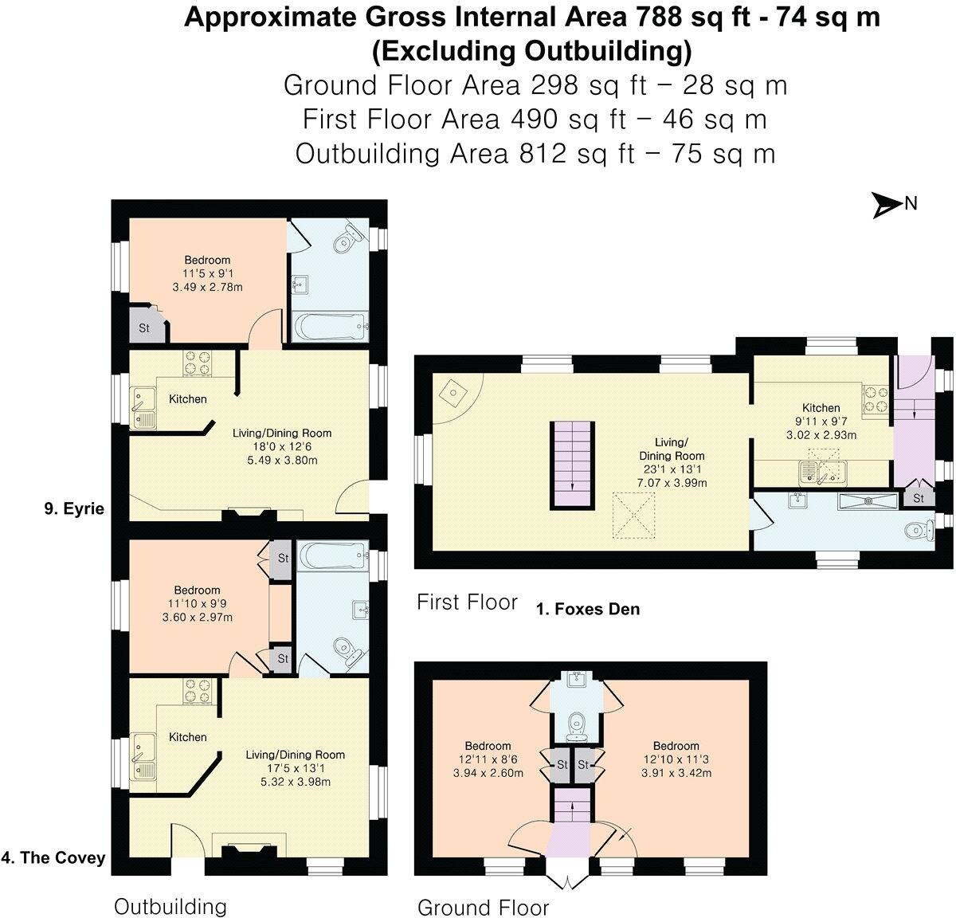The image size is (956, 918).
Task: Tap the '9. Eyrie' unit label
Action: pos(74,508)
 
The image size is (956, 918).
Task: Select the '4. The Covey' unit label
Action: pos(53,857)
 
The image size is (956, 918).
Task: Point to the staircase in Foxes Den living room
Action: pos(572,465)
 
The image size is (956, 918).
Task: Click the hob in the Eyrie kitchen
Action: pos(198,363)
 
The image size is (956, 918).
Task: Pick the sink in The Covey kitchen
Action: pos(144,755)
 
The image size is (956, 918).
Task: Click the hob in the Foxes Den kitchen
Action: pos(876,399)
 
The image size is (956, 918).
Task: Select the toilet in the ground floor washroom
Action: pos(574,725)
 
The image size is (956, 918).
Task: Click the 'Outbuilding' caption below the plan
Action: pos(170,906)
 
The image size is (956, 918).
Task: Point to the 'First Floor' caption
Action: pos(467,602)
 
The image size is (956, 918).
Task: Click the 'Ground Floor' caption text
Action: pos(483,908)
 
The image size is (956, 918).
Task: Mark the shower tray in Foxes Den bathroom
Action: pos(868,500)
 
